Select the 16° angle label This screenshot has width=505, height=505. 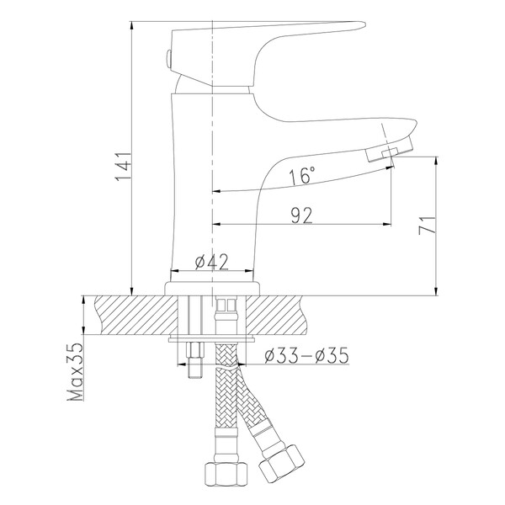[x=302, y=176]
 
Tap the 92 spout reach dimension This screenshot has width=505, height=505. [x=302, y=215]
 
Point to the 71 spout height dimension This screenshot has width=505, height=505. [x=427, y=225]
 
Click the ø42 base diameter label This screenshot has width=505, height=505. [x=211, y=262]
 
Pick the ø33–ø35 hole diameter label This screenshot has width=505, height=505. [x=306, y=355]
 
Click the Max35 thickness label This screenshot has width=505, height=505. [x=76, y=371]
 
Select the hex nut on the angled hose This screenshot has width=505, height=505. [x=281, y=462]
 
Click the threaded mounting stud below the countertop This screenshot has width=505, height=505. [x=195, y=360]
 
